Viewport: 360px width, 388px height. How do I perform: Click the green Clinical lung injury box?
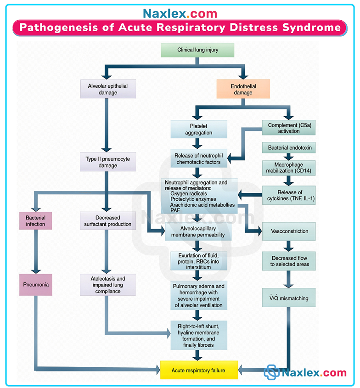(x=197, y=50)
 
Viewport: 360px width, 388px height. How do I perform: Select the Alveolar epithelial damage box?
(x=108, y=89)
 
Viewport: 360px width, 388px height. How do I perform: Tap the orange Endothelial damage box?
(x=243, y=90)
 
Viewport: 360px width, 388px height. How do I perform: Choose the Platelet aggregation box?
(x=199, y=129)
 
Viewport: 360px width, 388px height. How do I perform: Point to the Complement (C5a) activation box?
(x=289, y=128)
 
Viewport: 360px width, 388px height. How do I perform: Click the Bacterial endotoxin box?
(x=289, y=148)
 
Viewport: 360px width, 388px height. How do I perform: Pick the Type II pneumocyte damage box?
(x=108, y=162)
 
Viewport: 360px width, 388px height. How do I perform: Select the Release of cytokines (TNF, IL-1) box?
(x=289, y=196)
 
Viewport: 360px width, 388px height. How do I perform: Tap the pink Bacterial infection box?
(x=35, y=220)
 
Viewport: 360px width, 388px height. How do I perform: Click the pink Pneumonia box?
(x=35, y=285)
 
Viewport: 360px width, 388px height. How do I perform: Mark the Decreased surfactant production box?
(x=108, y=220)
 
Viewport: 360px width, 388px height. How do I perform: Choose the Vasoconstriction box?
(x=289, y=231)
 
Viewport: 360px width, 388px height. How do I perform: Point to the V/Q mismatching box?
(x=289, y=298)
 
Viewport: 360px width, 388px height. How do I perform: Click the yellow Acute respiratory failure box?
(x=199, y=370)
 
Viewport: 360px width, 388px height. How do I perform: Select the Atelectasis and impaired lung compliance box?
(x=108, y=285)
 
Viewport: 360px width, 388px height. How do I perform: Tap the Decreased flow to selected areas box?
(x=289, y=261)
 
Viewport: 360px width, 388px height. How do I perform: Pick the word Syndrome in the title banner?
(x=311, y=28)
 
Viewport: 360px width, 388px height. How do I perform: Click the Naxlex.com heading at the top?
(x=180, y=13)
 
